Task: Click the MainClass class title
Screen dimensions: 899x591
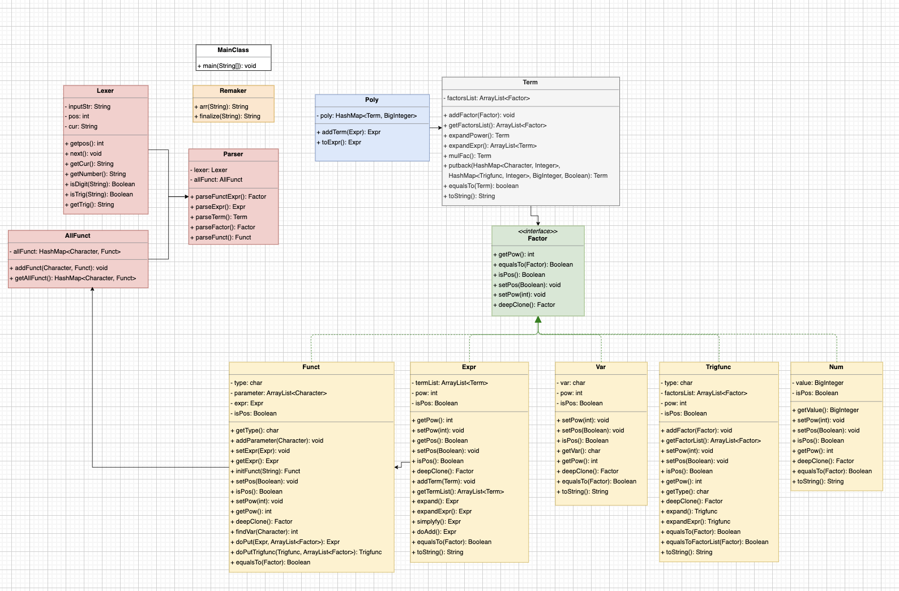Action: point(233,50)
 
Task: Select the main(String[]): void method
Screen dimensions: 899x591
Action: point(226,66)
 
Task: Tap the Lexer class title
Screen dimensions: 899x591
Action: point(105,91)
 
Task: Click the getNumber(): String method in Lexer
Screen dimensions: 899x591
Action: point(95,174)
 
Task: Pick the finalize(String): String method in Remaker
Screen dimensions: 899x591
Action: point(227,117)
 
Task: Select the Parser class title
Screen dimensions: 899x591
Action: point(233,154)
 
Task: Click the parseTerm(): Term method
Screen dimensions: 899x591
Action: point(219,217)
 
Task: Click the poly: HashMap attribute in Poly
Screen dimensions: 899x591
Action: point(367,116)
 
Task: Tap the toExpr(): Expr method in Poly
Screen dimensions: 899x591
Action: point(339,143)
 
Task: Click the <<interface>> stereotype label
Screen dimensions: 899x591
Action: point(537,231)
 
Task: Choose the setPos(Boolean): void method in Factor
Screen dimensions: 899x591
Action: point(526,285)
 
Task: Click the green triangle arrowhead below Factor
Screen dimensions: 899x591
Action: point(538,319)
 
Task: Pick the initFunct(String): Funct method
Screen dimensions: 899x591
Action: point(266,471)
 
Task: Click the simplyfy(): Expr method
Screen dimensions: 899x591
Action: point(436,521)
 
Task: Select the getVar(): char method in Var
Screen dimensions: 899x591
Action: point(579,451)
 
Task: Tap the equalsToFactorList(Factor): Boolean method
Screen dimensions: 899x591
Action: point(714,542)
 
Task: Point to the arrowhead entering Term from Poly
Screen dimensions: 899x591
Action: point(440,128)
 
